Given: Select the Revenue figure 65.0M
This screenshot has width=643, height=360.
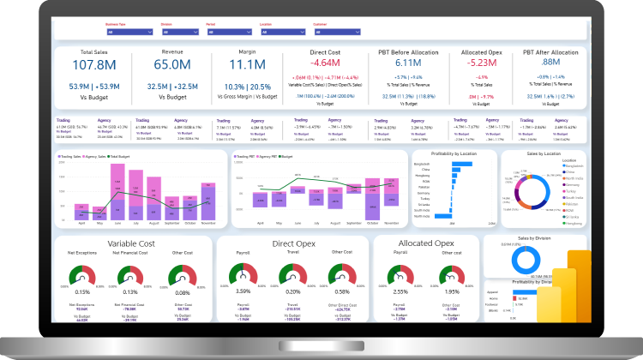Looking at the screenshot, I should coord(172,65).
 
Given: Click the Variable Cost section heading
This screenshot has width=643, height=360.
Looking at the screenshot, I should coord(130,243).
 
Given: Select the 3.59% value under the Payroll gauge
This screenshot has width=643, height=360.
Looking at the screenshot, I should coord(244,291).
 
